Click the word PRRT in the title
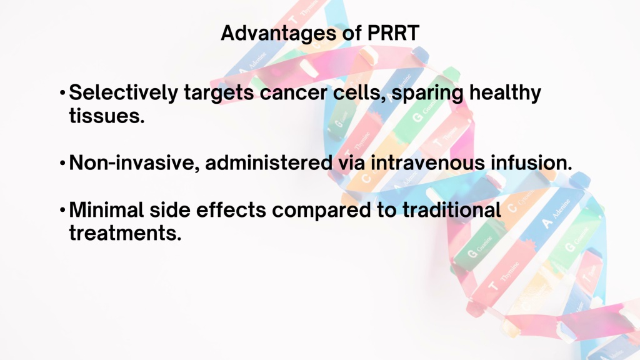coord(393,32)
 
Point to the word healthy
coord(505,93)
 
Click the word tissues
coord(106,116)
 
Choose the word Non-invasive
coord(134,163)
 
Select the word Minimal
coord(106,210)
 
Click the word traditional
coord(451,210)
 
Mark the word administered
coord(269,162)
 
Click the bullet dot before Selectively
coord(62,93)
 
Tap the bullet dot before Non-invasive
coord(62,163)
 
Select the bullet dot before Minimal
coord(62,210)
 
